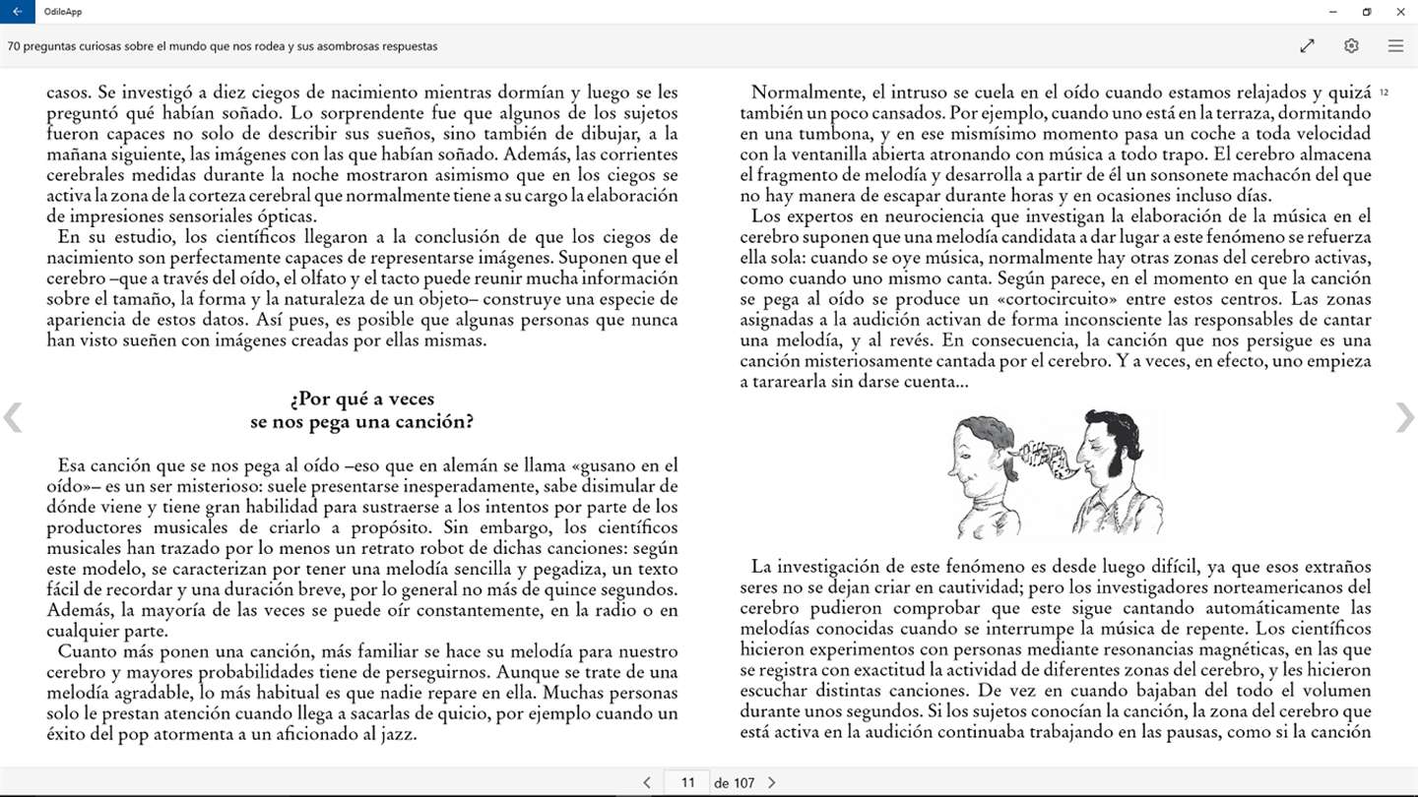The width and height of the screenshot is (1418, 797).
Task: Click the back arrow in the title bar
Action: pyautogui.click(x=17, y=12)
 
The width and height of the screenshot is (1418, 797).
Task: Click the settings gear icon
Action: pyautogui.click(x=1351, y=46)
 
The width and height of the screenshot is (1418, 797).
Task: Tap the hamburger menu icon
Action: pyautogui.click(x=1395, y=46)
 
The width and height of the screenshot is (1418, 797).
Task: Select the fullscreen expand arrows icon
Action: pyautogui.click(x=1307, y=46)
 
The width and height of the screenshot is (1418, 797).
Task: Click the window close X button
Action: pyautogui.click(x=1400, y=12)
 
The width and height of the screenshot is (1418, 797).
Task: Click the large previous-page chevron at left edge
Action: pyautogui.click(x=13, y=417)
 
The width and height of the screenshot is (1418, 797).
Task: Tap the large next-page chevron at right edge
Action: pyautogui.click(x=1404, y=417)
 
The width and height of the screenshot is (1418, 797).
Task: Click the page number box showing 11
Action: pyautogui.click(x=687, y=782)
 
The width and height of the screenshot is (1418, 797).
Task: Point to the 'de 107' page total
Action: pyautogui.click(x=734, y=783)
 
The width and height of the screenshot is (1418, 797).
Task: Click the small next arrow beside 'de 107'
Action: pyautogui.click(x=771, y=783)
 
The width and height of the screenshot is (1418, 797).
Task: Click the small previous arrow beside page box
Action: pyautogui.click(x=647, y=783)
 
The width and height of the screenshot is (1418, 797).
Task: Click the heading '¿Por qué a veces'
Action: pyautogui.click(x=361, y=399)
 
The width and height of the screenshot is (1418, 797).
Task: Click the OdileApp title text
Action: pyautogui.click(x=61, y=12)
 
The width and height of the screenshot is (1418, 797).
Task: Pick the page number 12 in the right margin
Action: pyautogui.click(x=1385, y=92)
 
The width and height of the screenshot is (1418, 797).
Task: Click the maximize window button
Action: pyautogui.click(x=1367, y=12)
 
